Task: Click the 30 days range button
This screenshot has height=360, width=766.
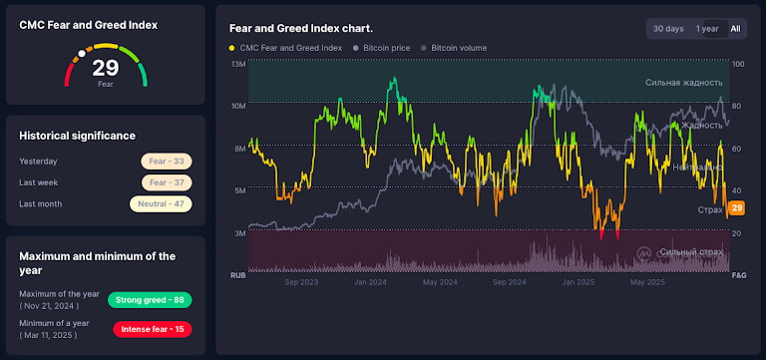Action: (x=668, y=29)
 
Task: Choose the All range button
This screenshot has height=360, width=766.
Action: (x=735, y=29)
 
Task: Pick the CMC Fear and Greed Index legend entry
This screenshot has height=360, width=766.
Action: (x=285, y=48)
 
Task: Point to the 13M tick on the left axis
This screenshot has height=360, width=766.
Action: (x=238, y=64)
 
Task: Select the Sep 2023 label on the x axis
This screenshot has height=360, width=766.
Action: (x=300, y=282)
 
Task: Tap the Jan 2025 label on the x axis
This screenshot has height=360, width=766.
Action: (x=578, y=282)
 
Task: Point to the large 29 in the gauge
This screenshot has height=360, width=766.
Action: (x=106, y=69)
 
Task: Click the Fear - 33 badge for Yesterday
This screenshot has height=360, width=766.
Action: (x=166, y=161)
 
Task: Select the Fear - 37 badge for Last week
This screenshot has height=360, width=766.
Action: (x=166, y=182)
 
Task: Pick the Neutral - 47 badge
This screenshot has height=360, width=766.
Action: (x=161, y=203)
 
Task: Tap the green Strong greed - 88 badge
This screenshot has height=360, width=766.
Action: (x=150, y=300)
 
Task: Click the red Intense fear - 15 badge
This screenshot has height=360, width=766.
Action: (x=152, y=329)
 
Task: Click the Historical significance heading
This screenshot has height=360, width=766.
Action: (x=78, y=136)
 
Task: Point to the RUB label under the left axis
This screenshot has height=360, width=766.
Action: (x=237, y=274)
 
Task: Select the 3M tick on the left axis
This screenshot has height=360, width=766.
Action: (x=239, y=232)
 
